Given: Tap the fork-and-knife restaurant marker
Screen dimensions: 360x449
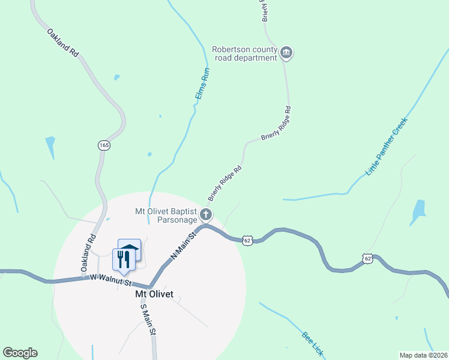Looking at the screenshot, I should pyautogui.click(x=123, y=260).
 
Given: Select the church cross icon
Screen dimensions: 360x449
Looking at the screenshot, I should pyautogui.click(x=206, y=214).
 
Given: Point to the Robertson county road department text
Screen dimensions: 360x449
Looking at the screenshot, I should pyautogui.click(x=244, y=53).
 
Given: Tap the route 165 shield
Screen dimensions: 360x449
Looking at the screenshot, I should pyautogui.click(x=104, y=145).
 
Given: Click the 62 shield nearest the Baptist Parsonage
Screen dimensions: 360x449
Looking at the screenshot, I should pyautogui.click(x=247, y=240).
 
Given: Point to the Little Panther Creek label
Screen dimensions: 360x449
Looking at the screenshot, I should pyautogui.click(x=387, y=146).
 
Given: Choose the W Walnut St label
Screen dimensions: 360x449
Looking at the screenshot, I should pyautogui.click(x=111, y=280).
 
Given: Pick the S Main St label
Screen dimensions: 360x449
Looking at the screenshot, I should pyautogui.click(x=148, y=319).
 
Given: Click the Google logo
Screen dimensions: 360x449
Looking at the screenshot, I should pyautogui.click(x=20, y=353).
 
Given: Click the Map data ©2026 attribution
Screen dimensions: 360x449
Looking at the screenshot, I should pyautogui.click(x=423, y=355).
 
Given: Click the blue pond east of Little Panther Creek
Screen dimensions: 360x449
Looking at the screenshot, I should pyautogui.click(x=418, y=211).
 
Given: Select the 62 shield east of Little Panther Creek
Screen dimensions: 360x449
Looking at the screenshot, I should pyautogui.click(x=368, y=258).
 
